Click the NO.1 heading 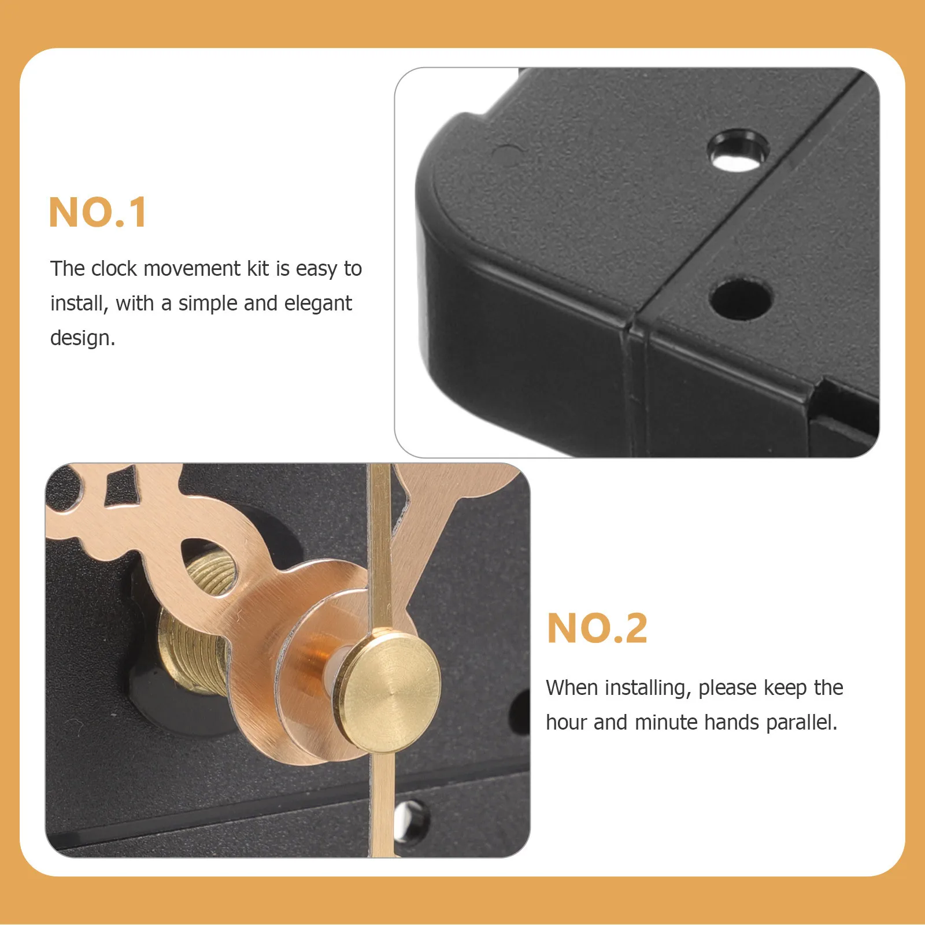tap(98, 213)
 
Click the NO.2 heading tap(597, 628)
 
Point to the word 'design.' tap(83, 338)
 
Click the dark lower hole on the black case tap(741, 299)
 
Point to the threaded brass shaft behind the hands tap(191, 653)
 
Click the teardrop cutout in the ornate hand tap(209, 567)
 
